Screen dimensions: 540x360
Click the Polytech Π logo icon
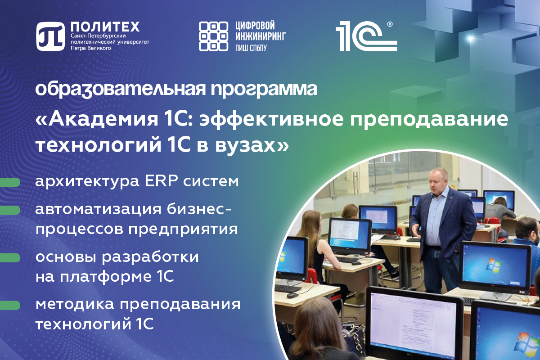pyautogui.click(x=50, y=36)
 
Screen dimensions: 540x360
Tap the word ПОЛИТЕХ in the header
pyautogui.click(x=105, y=27)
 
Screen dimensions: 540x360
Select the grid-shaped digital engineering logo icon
pyautogui.click(x=213, y=36)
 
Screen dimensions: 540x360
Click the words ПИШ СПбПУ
pyautogui.click(x=251, y=48)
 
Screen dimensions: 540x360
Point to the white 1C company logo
pyautogui.click(x=366, y=36)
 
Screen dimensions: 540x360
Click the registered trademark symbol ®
pyautogui.click(x=390, y=24)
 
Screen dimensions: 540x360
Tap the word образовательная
pyautogui.click(x=121, y=89)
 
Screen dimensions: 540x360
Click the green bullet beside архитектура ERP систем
pyautogui.click(x=10, y=183)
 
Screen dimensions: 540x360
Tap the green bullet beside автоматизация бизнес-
pyautogui.click(x=10, y=210)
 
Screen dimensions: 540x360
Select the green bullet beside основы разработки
pyautogui.click(x=10, y=258)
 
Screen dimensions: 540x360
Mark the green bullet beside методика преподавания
pyautogui.click(x=10, y=305)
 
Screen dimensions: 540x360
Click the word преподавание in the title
pyautogui.click(x=429, y=119)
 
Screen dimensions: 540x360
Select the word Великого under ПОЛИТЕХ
pyautogui.click(x=99, y=48)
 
